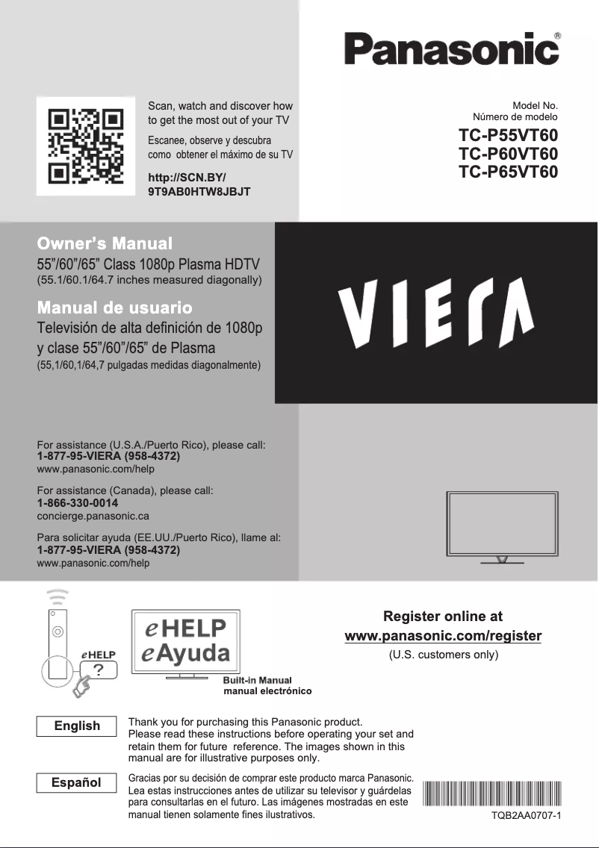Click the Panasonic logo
point(452,49)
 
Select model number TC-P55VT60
point(508,137)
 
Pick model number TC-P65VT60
point(508,172)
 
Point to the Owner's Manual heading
point(105,243)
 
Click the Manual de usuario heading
point(115,308)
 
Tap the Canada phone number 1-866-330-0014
point(78,503)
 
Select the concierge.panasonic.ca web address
point(93,516)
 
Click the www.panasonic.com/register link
point(443,636)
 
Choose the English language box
point(77,726)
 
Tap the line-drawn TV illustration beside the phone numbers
point(501,526)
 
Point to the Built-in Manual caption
point(257,680)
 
